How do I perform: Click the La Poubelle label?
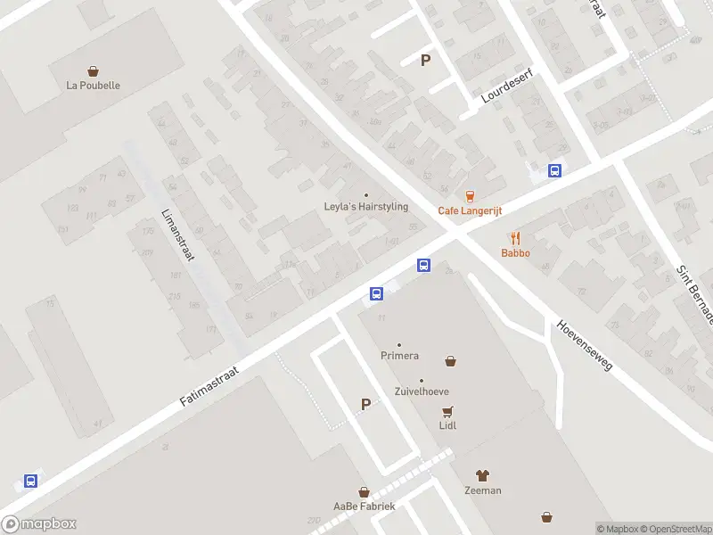click(93, 86)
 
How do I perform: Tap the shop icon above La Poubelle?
click(93, 70)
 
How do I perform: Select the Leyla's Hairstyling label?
click(365, 207)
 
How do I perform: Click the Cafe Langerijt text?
click(470, 210)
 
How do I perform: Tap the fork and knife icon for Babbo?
click(515, 238)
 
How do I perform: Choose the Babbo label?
click(515, 253)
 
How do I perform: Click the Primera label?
click(399, 356)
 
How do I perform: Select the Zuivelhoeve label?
click(422, 391)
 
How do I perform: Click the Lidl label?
click(447, 425)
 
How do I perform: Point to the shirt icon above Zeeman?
click(482, 475)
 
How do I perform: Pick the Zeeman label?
click(482, 490)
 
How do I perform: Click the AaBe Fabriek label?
click(364, 506)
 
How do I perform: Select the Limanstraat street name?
click(177, 235)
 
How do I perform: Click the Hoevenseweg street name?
click(586, 347)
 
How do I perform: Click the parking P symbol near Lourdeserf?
click(426, 61)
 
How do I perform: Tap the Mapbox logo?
click(39, 524)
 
